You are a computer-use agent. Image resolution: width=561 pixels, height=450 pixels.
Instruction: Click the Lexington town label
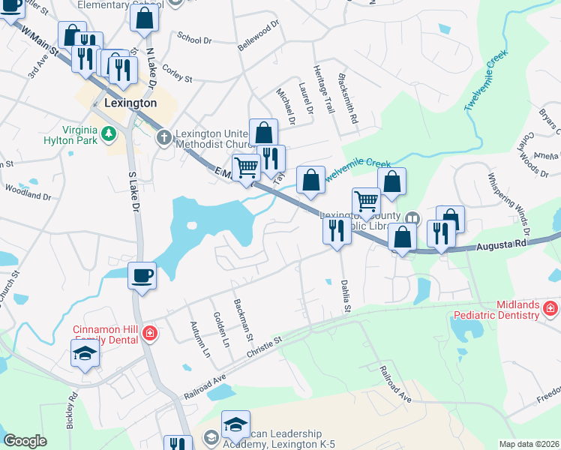coord(130,103)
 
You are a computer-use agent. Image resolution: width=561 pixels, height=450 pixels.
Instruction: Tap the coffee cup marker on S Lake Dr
coord(142,276)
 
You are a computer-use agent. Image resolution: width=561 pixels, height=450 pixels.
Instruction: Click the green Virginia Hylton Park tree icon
coord(109,134)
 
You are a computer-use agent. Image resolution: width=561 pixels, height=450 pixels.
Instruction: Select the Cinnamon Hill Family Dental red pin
coord(150,332)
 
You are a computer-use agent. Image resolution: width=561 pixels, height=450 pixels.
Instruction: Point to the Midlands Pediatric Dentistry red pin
coord(550,308)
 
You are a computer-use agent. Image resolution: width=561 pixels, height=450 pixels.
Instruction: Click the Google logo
coord(25,441)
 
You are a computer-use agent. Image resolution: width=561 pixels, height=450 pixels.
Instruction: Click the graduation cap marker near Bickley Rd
coord(85,352)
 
